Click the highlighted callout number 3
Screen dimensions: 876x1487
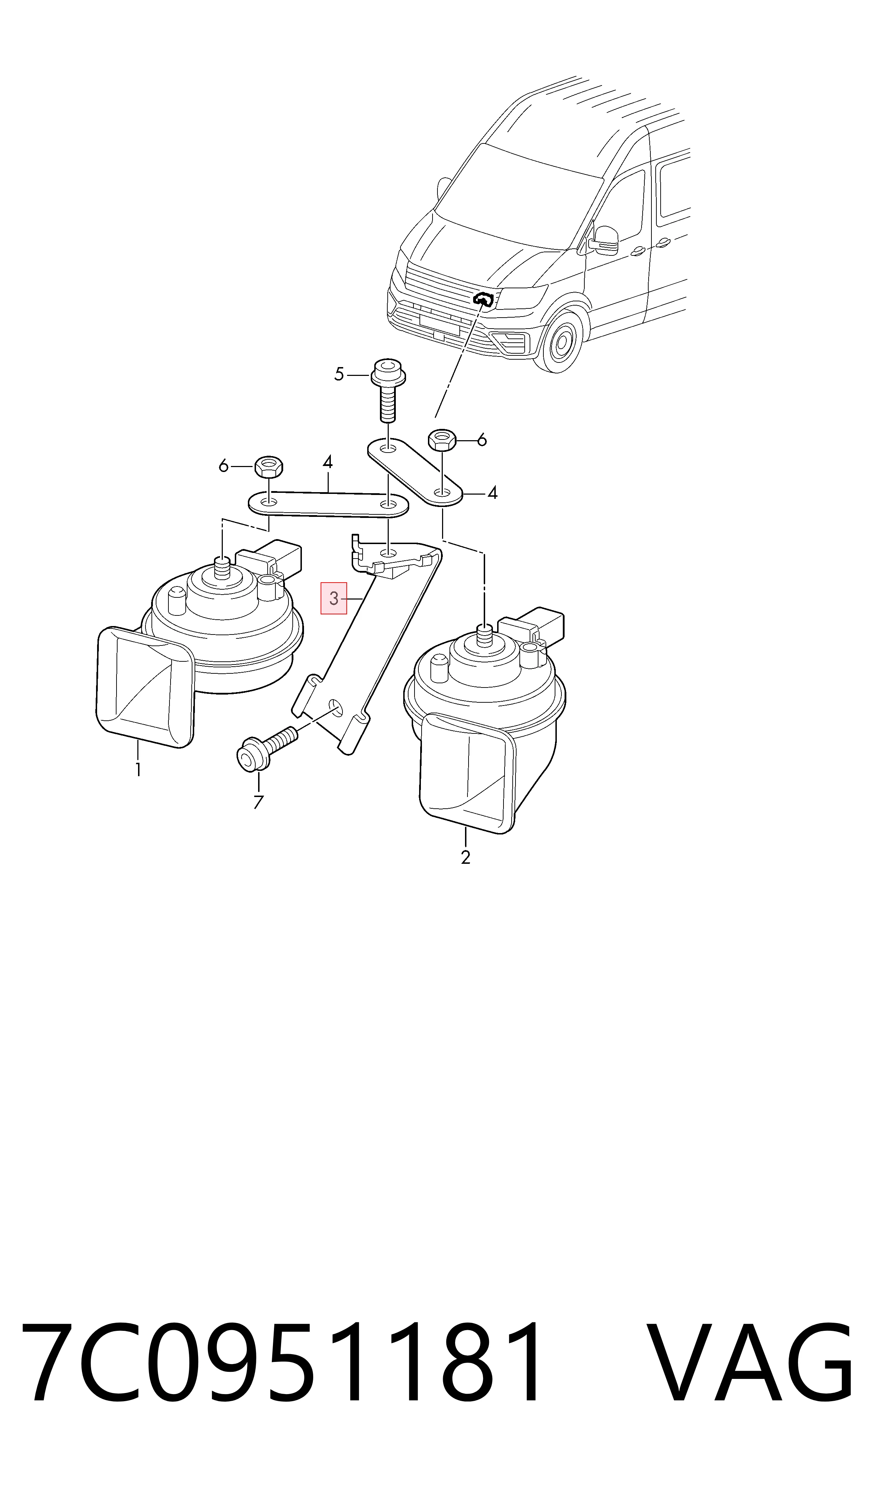point(334,598)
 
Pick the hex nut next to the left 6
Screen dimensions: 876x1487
point(269,467)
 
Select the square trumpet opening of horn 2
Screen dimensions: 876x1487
point(466,774)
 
